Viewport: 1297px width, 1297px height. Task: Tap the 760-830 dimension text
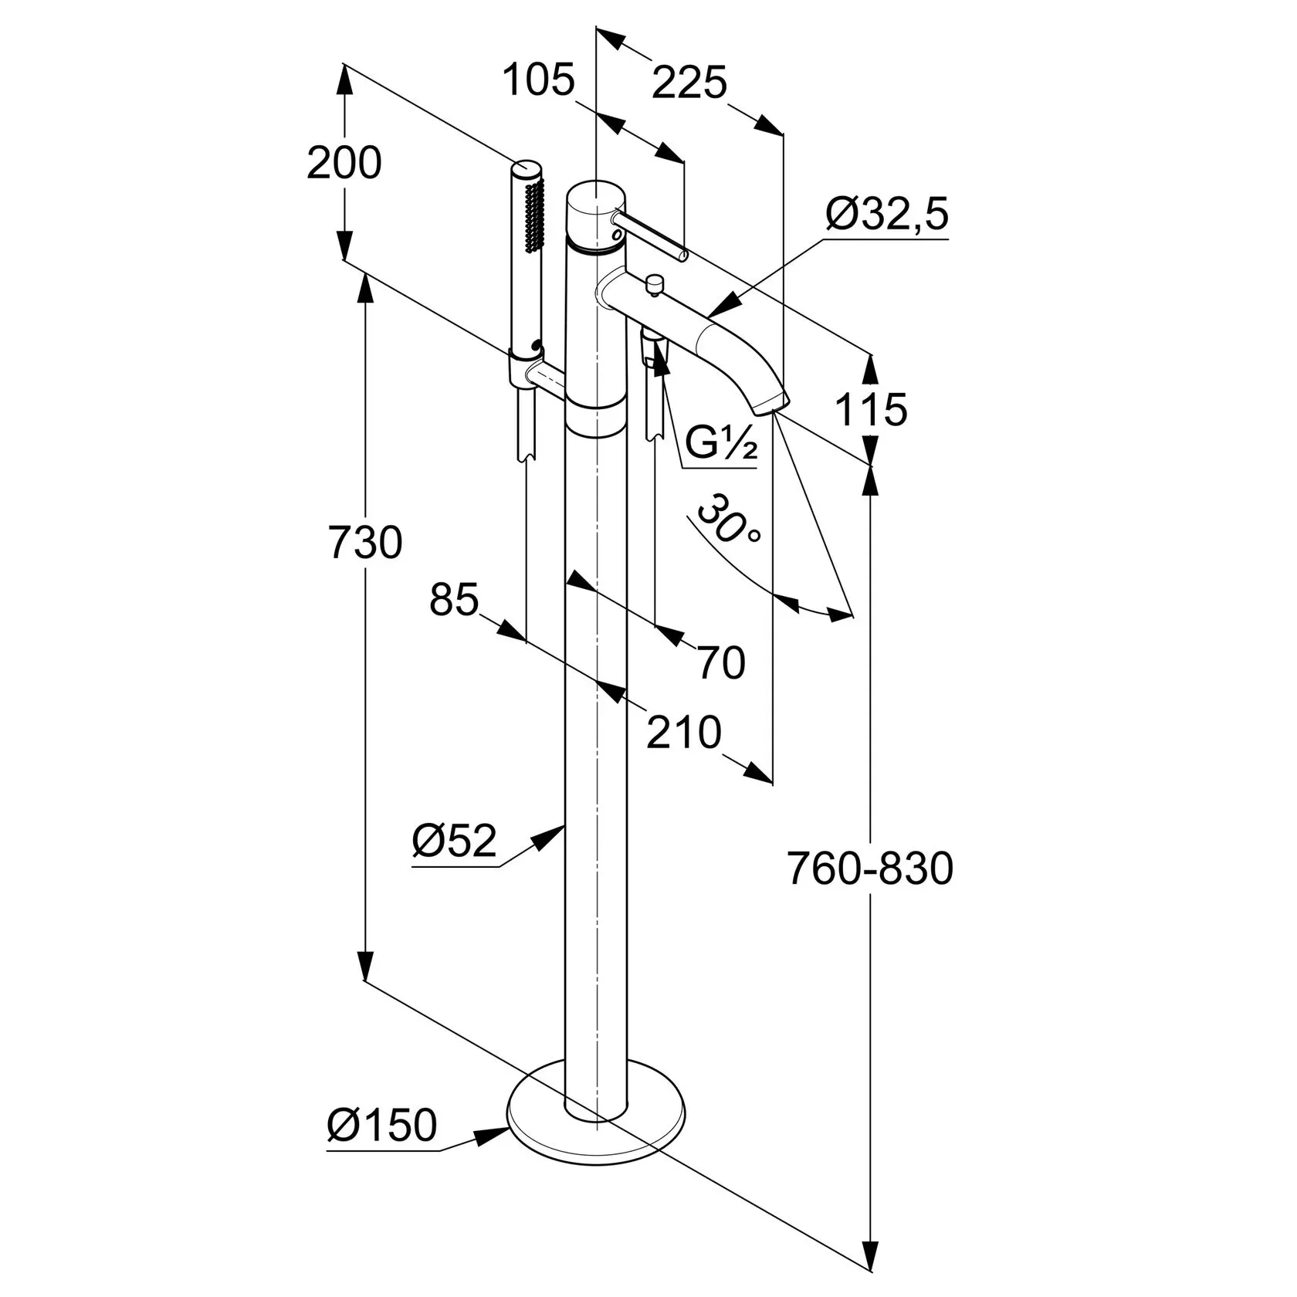pyautogui.click(x=870, y=869)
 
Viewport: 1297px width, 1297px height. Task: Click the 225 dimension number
pyautogui.click(x=689, y=83)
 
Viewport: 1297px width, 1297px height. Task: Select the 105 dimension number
pyautogui.click(x=540, y=80)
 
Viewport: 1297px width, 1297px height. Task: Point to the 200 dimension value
pyautogui.click(x=344, y=163)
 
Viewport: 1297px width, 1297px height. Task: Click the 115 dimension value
pyautogui.click(x=872, y=409)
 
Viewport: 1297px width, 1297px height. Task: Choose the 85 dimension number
pyautogui.click(x=454, y=599)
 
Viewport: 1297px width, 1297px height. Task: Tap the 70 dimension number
pyautogui.click(x=721, y=662)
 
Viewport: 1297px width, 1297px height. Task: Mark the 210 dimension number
pyautogui.click(x=684, y=732)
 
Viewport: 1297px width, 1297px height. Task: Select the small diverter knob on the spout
pyautogui.click(x=655, y=285)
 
